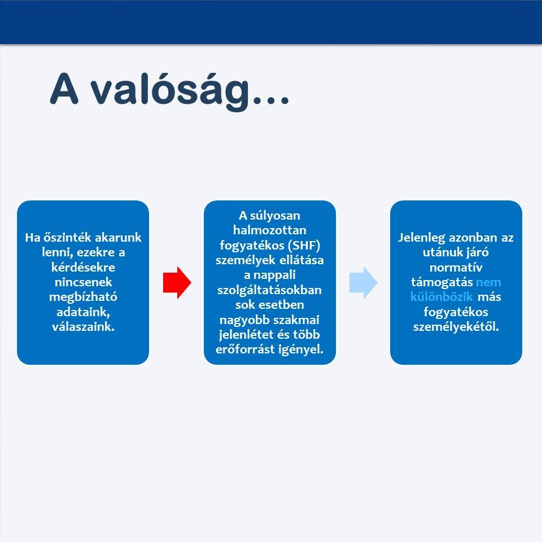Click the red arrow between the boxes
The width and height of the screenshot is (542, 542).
pyautogui.click(x=177, y=282)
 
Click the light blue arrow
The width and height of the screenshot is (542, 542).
pyautogui.click(x=363, y=282)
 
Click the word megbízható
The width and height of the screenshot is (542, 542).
pyautogui.click(x=83, y=297)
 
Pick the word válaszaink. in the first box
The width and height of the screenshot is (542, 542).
pyautogui.click(x=83, y=327)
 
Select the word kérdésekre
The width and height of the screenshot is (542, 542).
pyautogui.click(x=83, y=267)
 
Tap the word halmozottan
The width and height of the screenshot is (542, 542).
pyautogui.click(x=270, y=230)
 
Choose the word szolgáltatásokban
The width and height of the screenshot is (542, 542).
pyautogui.click(x=270, y=290)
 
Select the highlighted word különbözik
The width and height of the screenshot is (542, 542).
pyautogui.click(x=442, y=297)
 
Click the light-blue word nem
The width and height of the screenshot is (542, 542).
pyautogui.click(x=488, y=282)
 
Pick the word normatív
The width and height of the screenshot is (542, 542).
pyautogui.click(x=456, y=267)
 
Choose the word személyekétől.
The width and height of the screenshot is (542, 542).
pyautogui.click(x=456, y=327)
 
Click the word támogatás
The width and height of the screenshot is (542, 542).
pyautogui.click(x=442, y=282)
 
